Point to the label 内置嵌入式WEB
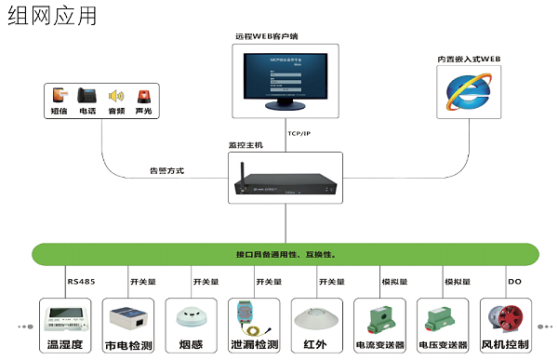470,58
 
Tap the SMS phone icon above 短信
60,96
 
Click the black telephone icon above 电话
87,96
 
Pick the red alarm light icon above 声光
143,96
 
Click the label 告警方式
167,170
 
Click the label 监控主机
246,145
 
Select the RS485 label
81,281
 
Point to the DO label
514,281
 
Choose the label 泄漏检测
254,343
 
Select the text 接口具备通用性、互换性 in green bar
286,254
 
